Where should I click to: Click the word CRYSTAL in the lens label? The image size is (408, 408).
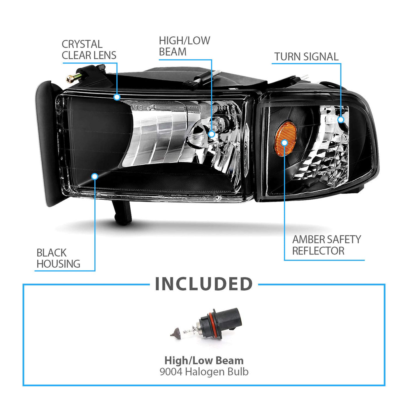pyautogui.click(x=82, y=44)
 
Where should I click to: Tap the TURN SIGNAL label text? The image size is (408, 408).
pyautogui.click(x=306, y=57)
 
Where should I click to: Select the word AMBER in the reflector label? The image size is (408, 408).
pyautogui.click(x=308, y=240)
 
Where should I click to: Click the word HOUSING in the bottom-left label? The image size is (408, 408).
pyautogui.click(x=59, y=264)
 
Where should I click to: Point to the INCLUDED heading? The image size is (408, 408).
pyautogui.click(x=204, y=284)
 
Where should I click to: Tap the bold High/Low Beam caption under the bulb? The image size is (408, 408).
pyautogui.click(x=204, y=360)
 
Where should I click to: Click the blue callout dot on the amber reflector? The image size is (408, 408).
pyautogui.click(x=285, y=143)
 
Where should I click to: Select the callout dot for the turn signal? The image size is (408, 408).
pyautogui.click(x=341, y=119)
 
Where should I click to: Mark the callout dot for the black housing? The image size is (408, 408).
pyautogui.click(x=95, y=176)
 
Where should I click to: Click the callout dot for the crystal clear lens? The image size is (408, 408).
pyautogui.click(x=117, y=97)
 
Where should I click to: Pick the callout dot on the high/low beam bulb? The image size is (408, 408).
pyautogui.click(x=212, y=134)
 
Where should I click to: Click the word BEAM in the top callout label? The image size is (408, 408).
pyautogui.click(x=173, y=52)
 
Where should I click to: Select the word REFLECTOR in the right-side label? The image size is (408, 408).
pyautogui.click(x=318, y=251)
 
